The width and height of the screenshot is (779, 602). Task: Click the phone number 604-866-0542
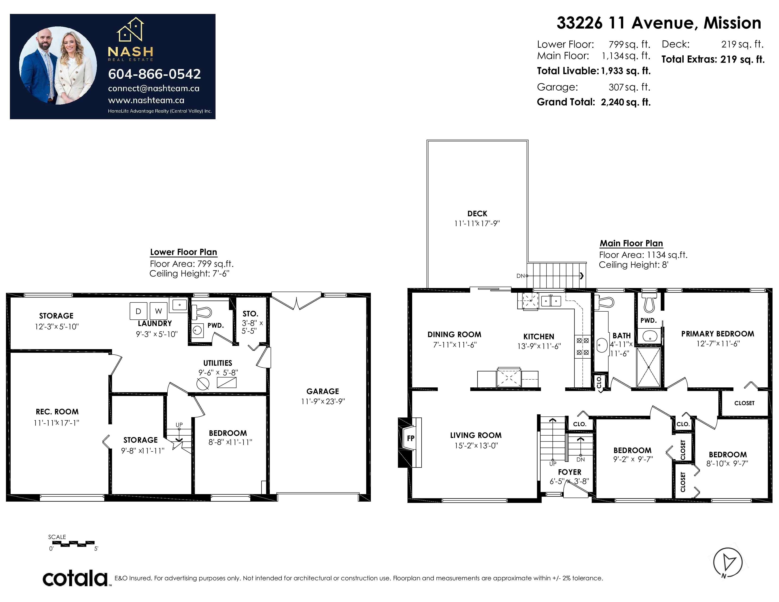click(154, 74)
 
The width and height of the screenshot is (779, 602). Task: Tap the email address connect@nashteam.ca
click(154, 89)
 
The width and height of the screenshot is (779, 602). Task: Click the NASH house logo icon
click(130, 29)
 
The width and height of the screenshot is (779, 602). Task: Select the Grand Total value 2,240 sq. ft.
click(626, 102)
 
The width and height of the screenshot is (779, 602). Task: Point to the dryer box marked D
click(138, 311)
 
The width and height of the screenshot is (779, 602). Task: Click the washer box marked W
click(158, 311)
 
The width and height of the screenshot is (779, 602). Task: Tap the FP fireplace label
click(411, 438)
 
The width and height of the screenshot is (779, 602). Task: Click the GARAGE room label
click(322, 391)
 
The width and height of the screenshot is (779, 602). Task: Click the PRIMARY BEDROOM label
click(718, 334)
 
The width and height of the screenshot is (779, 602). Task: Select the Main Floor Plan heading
click(631, 243)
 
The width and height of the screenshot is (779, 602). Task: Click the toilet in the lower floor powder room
click(202, 312)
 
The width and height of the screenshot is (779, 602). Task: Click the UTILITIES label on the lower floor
click(218, 363)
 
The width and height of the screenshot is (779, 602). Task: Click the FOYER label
click(570, 472)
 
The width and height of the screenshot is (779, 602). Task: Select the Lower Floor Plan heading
click(183, 252)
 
